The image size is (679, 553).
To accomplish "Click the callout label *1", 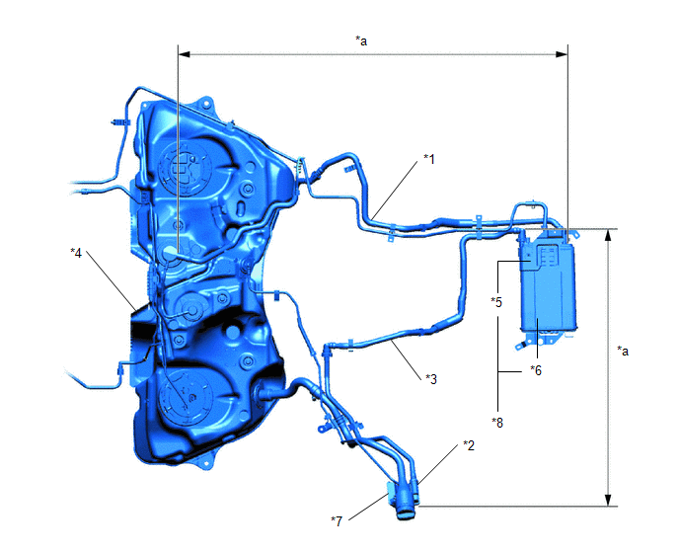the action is [x=428, y=160].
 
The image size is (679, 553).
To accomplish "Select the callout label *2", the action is [x=469, y=445].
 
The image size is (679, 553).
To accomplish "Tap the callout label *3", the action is [x=431, y=379].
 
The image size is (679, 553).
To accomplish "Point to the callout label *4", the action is [x=76, y=253].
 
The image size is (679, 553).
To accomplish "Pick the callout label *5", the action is [x=496, y=302].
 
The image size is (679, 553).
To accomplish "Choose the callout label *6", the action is [x=536, y=370].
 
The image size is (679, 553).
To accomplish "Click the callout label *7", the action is [x=337, y=521].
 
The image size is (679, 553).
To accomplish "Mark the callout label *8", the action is [x=497, y=423].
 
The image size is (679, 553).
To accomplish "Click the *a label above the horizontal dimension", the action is [x=361, y=40].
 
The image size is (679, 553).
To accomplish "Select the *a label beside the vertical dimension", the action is [x=623, y=351].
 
